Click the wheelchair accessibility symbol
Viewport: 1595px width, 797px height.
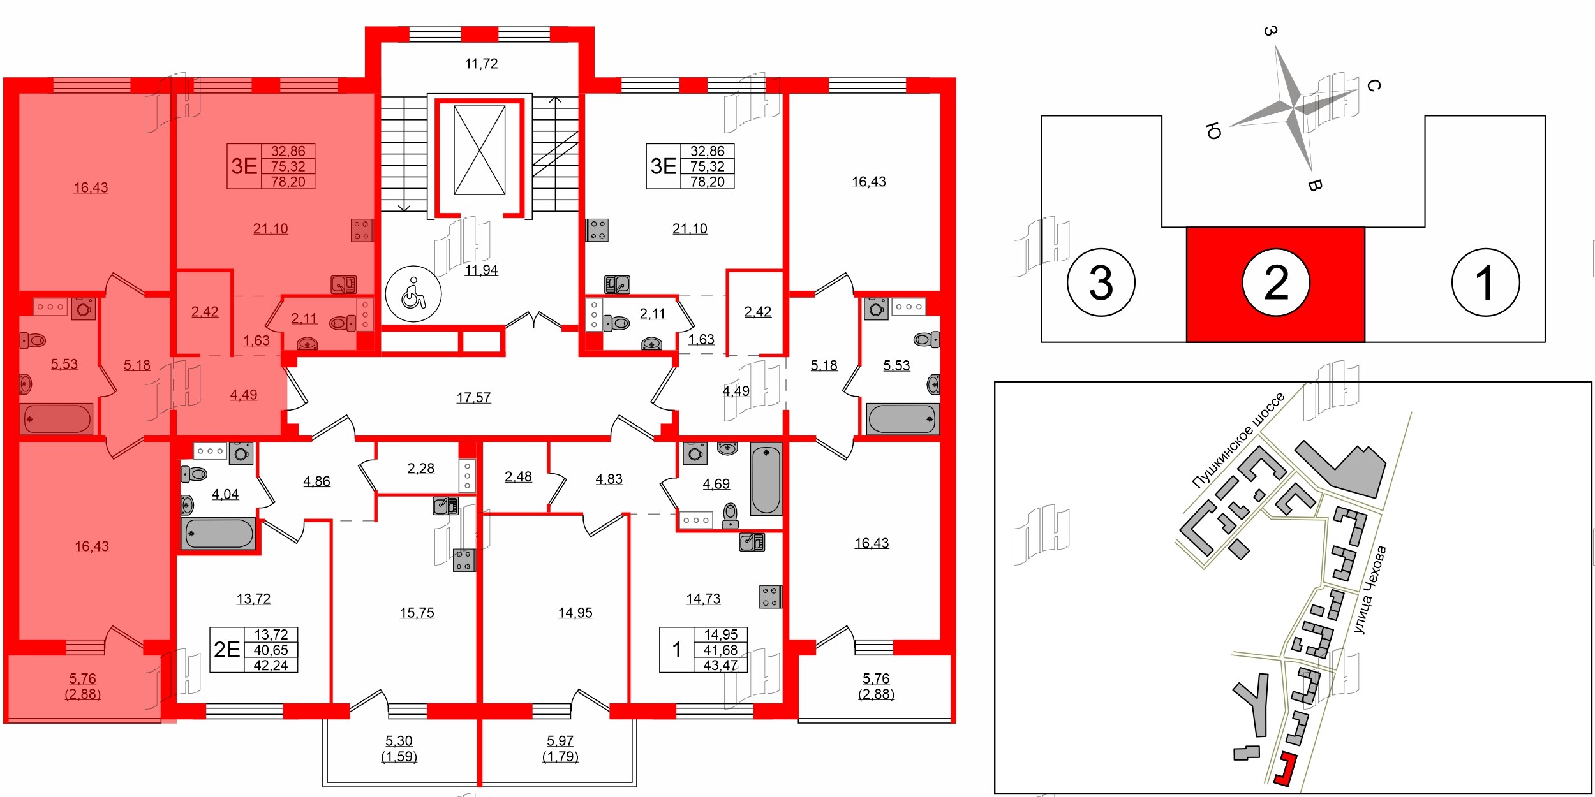coord(413,294)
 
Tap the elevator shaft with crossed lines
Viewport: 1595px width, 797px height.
coord(479,150)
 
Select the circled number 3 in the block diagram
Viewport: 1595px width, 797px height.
coord(1101,282)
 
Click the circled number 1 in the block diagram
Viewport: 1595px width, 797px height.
coord(1485,282)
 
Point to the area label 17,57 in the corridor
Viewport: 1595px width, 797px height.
coord(473,398)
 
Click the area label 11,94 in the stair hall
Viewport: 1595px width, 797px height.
coord(481,270)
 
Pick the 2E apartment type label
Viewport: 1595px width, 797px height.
coord(226,650)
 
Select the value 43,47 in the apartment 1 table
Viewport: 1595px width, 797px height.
coord(720,665)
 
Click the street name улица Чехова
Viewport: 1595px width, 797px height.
coord(1370,590)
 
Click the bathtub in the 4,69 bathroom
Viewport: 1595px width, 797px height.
coord(766,479)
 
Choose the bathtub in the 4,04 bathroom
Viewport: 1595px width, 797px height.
coord(218,533)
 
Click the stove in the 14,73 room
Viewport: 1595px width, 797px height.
coord(770,597)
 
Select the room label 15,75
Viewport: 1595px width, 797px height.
coord(417,613)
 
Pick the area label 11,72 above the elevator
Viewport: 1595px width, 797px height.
coord(481,64)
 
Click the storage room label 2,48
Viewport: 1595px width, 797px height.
coord(518,477)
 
